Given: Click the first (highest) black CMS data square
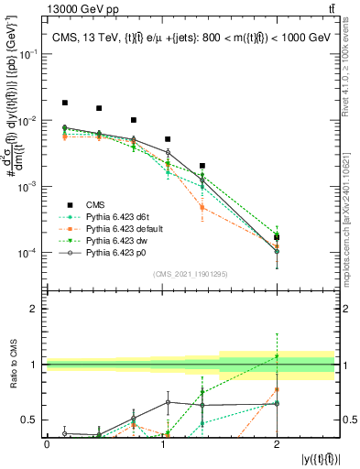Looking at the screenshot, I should [65, 103].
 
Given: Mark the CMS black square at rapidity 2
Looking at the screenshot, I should [277, 237].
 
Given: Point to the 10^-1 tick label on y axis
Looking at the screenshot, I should [28, 55].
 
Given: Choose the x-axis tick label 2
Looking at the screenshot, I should [277, 444].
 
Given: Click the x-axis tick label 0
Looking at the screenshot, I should [47, 444].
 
